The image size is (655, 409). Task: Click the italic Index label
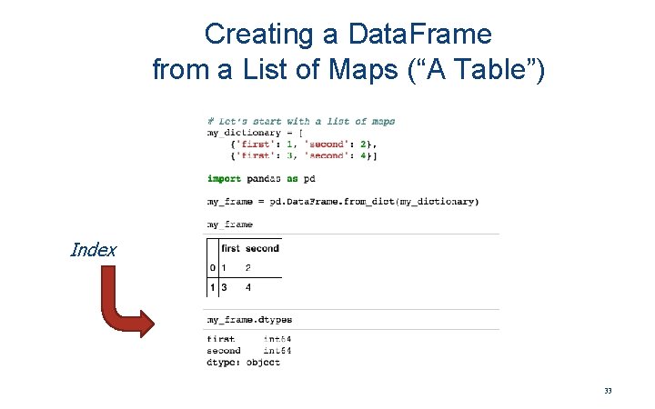pyautogui.click(x=93, y=250)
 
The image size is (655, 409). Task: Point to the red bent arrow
pyautogui.click(x=118, y=309)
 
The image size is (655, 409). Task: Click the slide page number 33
pyautogui.click(x=608, y=391)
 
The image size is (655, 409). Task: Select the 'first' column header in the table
pyautogui.click(x=231, y=248)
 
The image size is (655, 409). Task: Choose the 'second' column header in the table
pyautogui.click(x=262, y=248)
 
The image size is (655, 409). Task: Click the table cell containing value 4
pyautogui.click(x=248, y=288)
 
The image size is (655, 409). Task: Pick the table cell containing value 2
pyautogui.click(x=248, y=268)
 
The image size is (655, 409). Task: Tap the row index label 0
pyautogui.click(x=212, y=268)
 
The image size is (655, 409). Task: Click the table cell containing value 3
pyautogui.click(x=225, y=288)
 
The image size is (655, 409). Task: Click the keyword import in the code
pyautogui.click(x=224, y=179)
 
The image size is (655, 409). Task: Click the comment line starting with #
pyautogui.click(x=300, y=121)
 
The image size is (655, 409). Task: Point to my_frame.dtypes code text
pyautogui.click(x=249, y=320)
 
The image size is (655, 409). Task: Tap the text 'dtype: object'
pyautogui.click(x=243, y=363)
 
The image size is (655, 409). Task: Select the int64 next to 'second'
pyautogui.click(x=277, y=351)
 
